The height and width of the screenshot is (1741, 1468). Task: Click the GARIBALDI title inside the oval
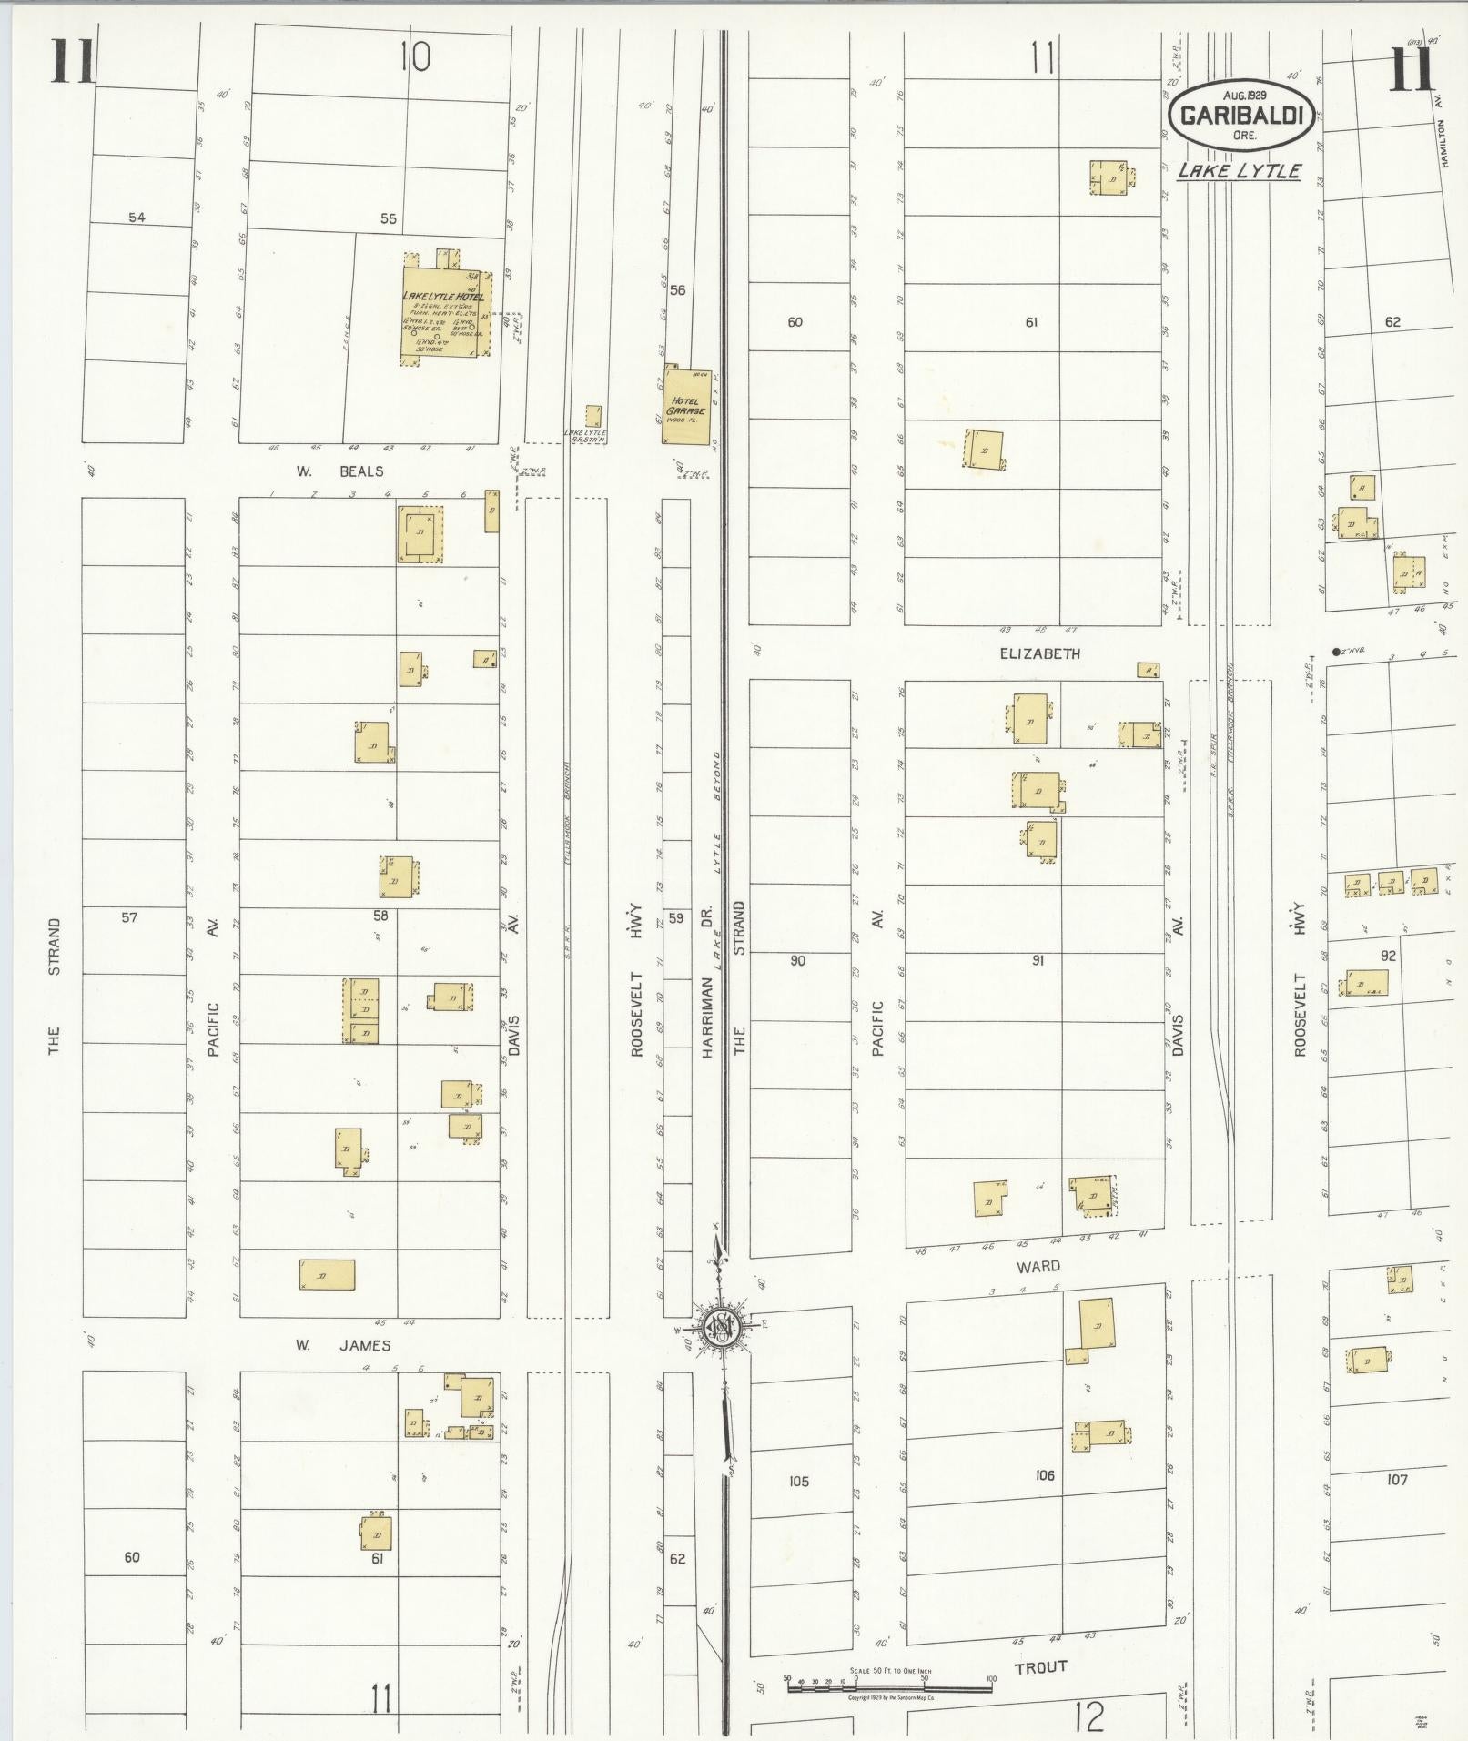[1242, 116]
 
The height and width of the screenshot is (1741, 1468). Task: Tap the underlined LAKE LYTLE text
[1239, 170]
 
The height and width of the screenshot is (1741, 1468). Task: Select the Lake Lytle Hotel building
[445, 313]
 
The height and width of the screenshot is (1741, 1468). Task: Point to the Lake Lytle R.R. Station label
[585, 435]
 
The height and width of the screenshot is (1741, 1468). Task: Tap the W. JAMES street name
[341, 1345]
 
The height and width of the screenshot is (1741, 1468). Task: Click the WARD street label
[1039, 1266]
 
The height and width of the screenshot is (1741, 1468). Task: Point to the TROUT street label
[1040, 1666]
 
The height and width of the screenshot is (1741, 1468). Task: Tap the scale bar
[889, 1685]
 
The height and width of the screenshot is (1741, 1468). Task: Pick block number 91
[1038, 960]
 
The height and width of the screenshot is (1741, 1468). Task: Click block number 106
[1044, 1475]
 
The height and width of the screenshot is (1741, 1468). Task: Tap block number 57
[129, 916]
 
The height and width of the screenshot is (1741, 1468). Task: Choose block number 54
[137, 218]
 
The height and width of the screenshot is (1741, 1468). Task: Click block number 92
[1388, 956]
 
